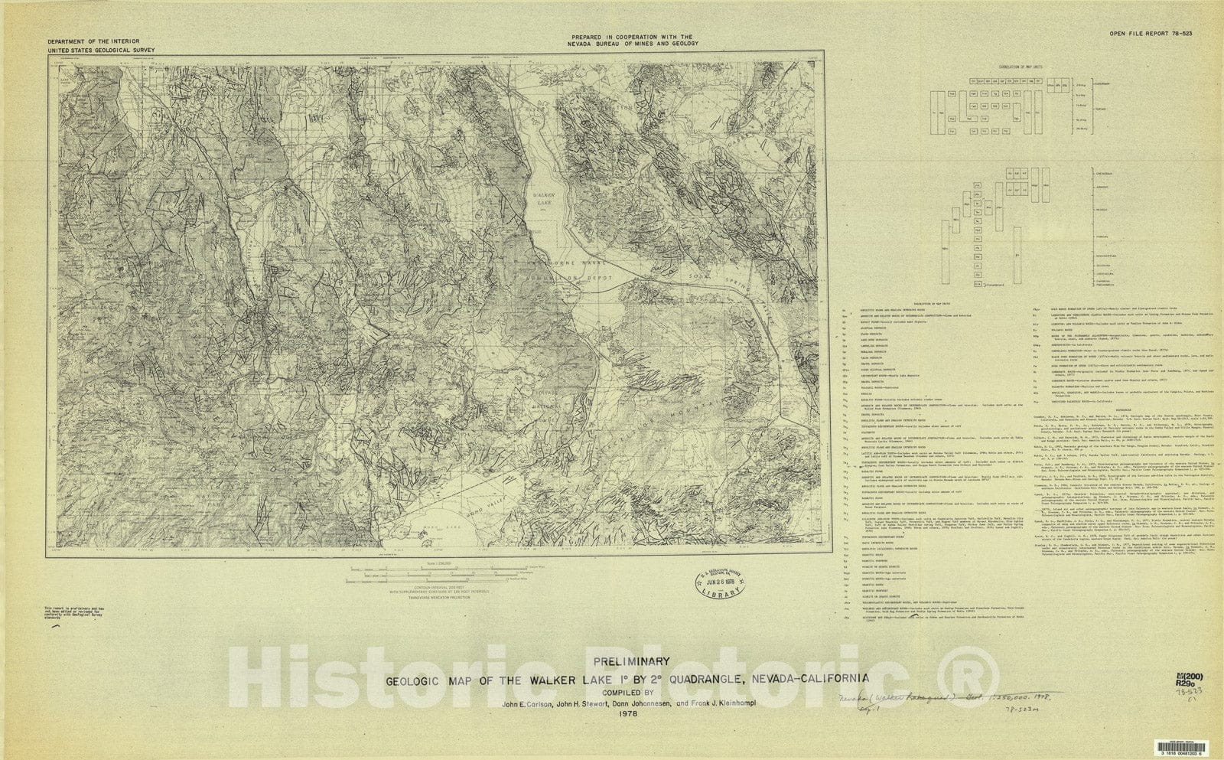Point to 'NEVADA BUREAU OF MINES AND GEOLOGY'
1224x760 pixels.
coord(633,44)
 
